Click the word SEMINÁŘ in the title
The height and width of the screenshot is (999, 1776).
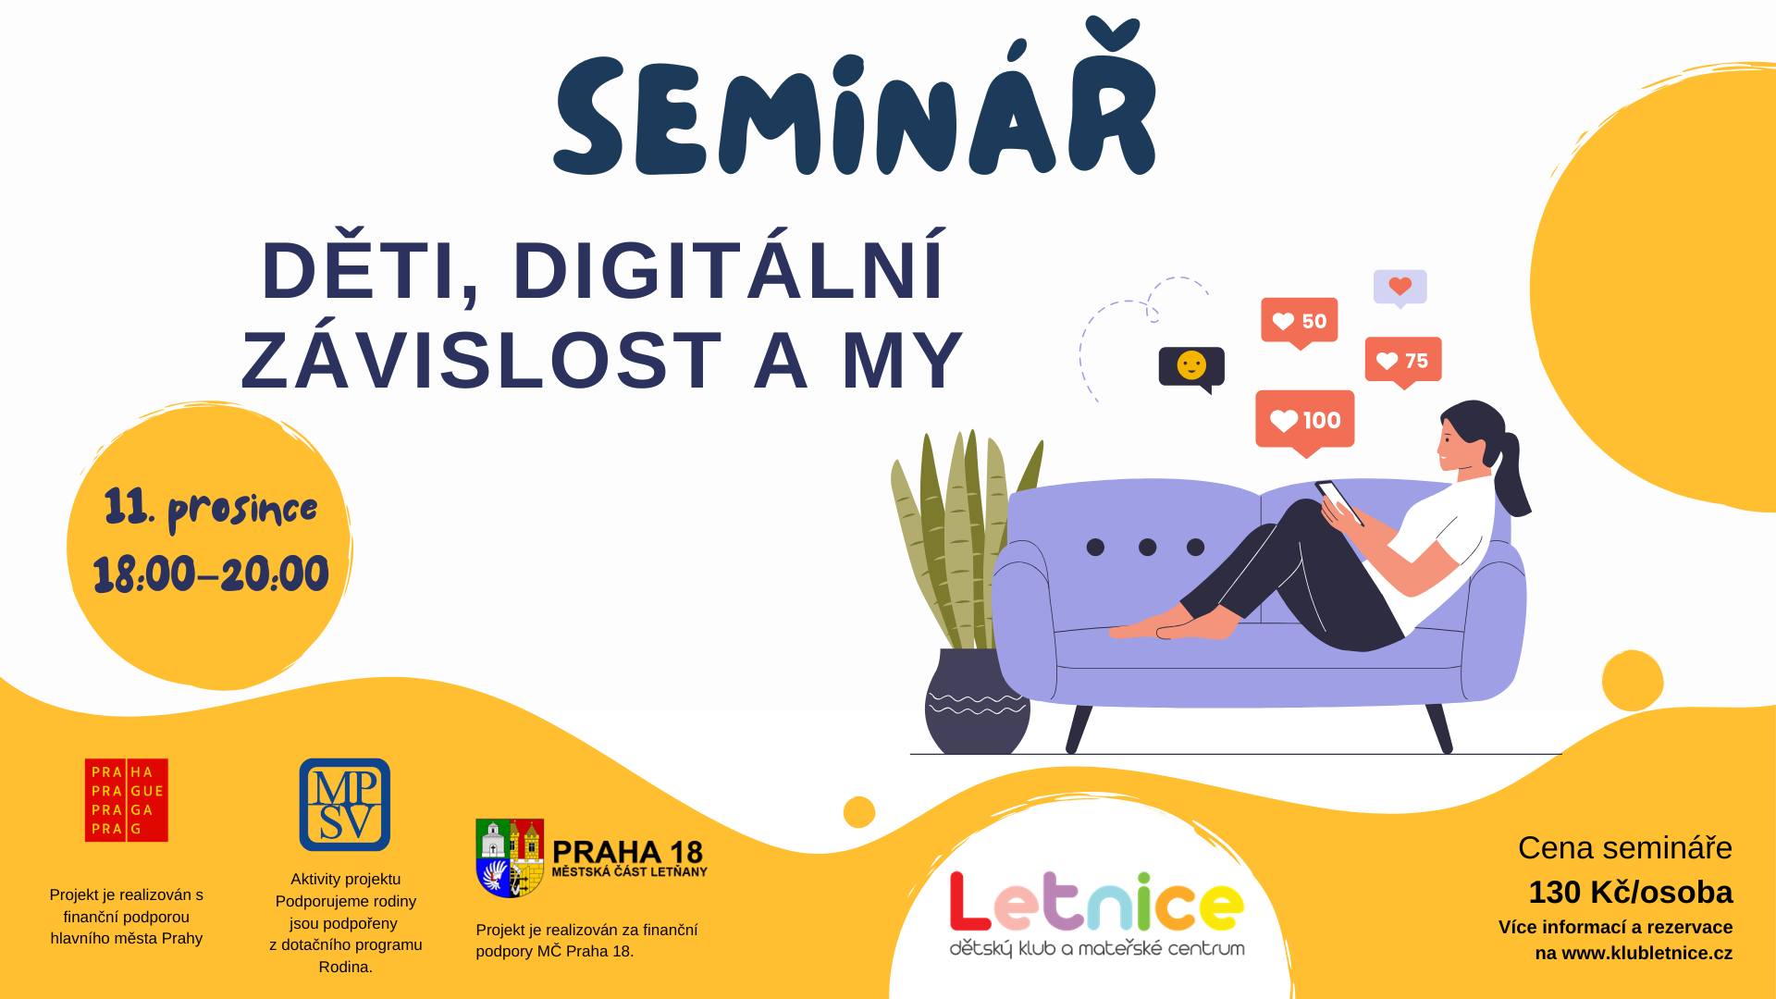855,105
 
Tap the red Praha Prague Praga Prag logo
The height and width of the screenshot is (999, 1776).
127,800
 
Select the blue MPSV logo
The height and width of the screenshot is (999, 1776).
344,805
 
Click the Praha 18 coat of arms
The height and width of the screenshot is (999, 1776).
510,857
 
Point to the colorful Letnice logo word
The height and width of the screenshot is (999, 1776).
1096,902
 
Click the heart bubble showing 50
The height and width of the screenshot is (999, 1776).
1300,323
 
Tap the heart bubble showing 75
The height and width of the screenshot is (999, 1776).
1403,362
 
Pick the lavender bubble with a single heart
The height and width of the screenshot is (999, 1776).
1400,289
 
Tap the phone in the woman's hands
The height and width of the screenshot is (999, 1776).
1339,502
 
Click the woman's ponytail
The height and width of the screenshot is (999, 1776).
1513,476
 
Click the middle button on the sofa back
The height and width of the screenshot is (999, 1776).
1147,548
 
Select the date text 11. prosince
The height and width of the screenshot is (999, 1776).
211,510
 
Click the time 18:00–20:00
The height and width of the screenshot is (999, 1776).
211,574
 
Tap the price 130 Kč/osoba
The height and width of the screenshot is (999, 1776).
1631,892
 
